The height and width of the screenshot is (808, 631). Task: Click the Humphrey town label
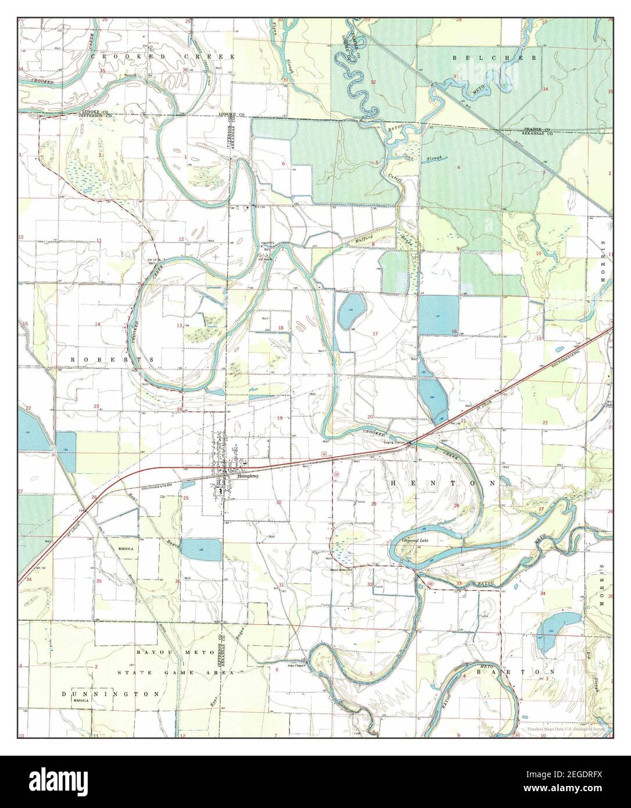click(x=247, y=475)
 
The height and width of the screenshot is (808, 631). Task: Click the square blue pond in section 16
click(x=439, y=314)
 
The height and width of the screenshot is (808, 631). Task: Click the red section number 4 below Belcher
click(x=459, y=167)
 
